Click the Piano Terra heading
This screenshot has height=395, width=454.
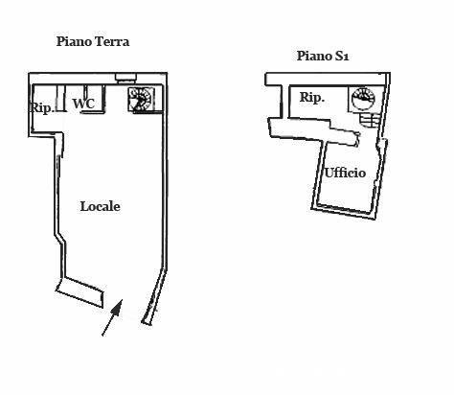tap(93, 41)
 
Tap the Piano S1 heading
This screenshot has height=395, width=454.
tap(323, 56)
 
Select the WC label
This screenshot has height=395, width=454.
tap(83, 104)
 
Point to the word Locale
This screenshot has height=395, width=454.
tap(101, 206)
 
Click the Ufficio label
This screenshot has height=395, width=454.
tap(345, 173)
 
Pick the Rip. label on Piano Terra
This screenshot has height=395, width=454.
tap(41, 107)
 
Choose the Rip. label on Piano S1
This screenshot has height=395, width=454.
tap(312, 97)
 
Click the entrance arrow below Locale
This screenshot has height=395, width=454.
tap(112, 317)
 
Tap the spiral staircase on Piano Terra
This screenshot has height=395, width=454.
tap(141, 100)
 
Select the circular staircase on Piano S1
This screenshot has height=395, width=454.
tap(363, 99)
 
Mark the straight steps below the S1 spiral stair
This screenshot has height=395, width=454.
tap(370, 120)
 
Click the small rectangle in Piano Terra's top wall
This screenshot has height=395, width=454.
tap(125, 78)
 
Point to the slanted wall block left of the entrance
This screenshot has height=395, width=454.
tap(80, 292)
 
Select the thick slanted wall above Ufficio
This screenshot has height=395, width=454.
tap(314, 131)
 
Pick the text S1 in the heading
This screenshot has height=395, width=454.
tap(341, 57)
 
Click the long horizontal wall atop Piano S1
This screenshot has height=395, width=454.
tap(328, 79)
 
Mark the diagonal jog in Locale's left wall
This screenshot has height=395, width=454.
tap(60, 240)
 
